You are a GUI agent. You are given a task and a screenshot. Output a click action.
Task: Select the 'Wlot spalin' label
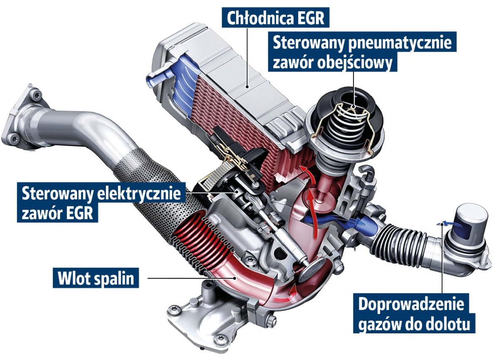(x=95, y=278)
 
